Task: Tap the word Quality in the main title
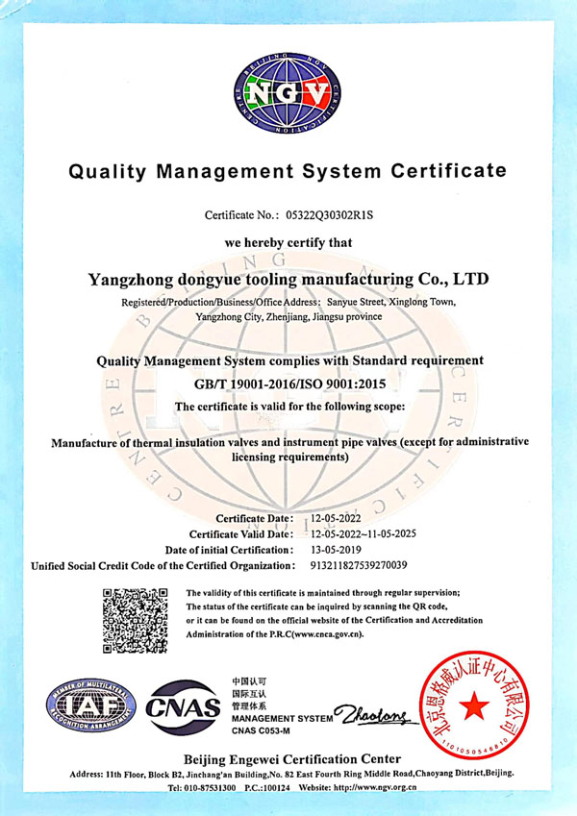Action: point(111,172)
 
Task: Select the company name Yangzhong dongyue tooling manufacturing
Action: point(288,280)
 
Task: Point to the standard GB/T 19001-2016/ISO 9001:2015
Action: point(288,384)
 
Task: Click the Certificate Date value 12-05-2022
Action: point(341,518)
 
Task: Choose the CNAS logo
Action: point(183,710)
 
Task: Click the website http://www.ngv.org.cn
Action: point(370,787)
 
